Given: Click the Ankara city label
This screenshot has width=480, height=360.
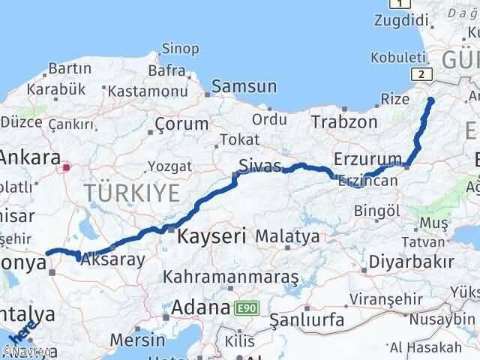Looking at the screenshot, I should pos(30,157).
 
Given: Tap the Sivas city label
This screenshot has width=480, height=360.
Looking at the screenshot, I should pos(259,166).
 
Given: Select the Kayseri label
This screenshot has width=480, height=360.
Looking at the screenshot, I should pos(212,237).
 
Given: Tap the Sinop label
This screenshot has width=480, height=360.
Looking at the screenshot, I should pos(180,49).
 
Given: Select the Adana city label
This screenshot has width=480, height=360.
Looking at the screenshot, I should pos(200,307).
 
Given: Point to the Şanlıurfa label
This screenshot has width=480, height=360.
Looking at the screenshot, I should pos(307,320).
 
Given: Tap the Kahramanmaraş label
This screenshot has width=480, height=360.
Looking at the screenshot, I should pos(232,277).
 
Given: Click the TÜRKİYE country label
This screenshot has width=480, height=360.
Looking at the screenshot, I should pos(132,193).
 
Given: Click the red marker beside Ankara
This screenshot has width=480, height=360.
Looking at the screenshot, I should pos(67,167).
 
